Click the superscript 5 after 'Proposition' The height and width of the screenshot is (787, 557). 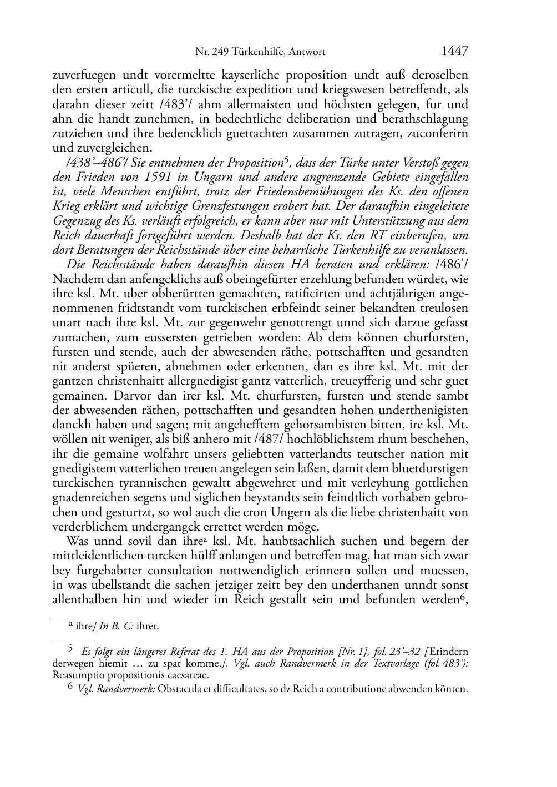tap(286, 161)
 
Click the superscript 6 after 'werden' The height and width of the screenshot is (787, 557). tap(462, 597)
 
